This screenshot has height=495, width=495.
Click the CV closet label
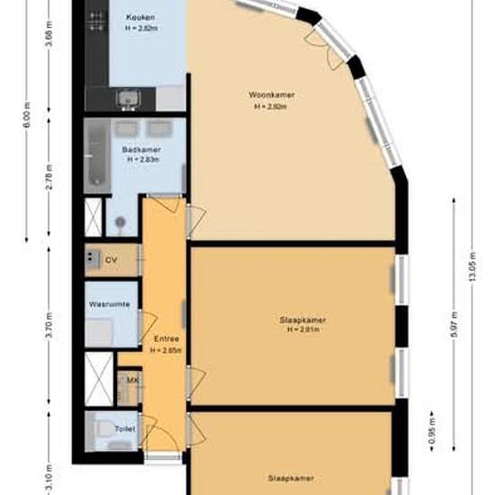coord(112,260)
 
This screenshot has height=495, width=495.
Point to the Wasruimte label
coord(109,304)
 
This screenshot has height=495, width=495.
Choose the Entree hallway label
coord(166,338)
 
